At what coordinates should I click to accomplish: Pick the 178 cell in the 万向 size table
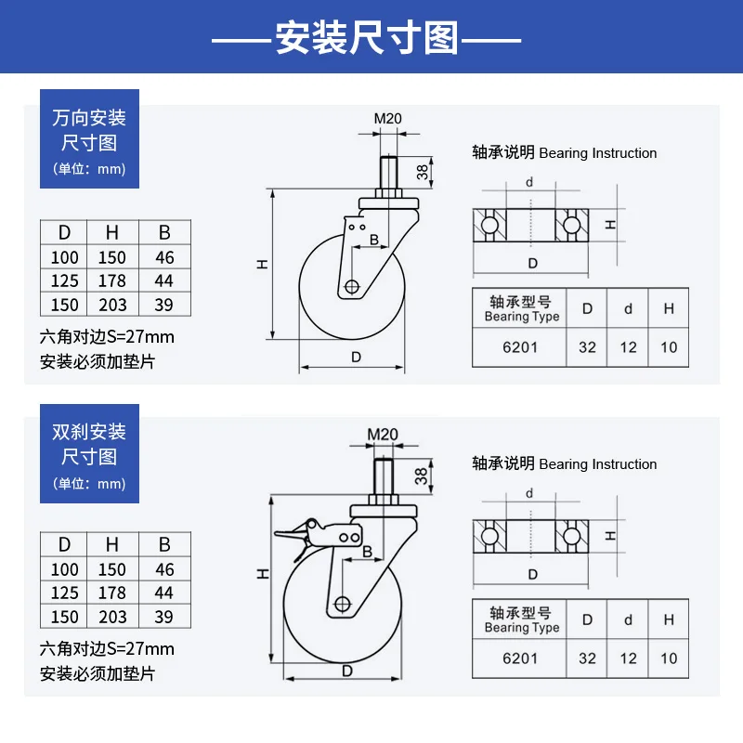112,280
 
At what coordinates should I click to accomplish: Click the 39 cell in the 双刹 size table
163,617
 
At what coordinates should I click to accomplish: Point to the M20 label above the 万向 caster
388,119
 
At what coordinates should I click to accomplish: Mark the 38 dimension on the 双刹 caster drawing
421,476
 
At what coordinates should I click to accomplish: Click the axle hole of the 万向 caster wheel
351,287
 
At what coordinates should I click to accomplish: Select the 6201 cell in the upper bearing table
519,347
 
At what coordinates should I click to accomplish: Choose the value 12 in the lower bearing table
629,658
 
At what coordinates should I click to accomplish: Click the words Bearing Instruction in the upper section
597,153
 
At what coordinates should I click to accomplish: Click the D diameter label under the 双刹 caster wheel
346,671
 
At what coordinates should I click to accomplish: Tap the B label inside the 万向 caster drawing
373,241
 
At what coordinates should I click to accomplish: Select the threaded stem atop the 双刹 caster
385,477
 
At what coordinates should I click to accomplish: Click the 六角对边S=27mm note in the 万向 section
107,336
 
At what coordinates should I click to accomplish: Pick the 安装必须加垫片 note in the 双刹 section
98,673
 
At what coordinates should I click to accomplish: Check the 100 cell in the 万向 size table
64,257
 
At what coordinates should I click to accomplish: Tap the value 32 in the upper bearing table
587,347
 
